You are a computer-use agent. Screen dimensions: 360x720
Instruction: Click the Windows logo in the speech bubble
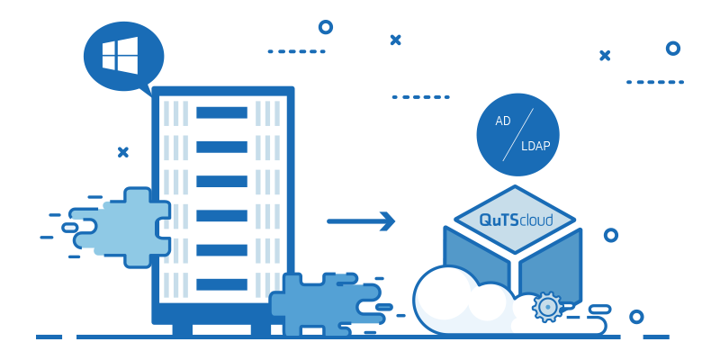point(120,56)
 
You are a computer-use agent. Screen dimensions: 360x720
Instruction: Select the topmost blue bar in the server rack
point(221,112)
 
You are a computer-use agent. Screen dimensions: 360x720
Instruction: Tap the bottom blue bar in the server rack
point(221,284)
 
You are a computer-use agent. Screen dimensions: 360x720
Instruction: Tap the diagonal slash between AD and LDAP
point(517,134)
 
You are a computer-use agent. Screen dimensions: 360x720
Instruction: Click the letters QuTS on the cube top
point(498,220)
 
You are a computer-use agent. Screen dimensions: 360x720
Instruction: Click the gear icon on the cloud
point(546,307)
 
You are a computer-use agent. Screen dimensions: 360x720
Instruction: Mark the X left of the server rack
point(123,151)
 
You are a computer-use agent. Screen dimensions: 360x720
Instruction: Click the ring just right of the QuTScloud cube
point(610,235)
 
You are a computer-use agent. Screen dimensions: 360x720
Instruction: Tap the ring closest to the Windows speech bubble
point(325,27)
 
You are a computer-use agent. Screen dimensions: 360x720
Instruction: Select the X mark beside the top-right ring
point(605,55)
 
